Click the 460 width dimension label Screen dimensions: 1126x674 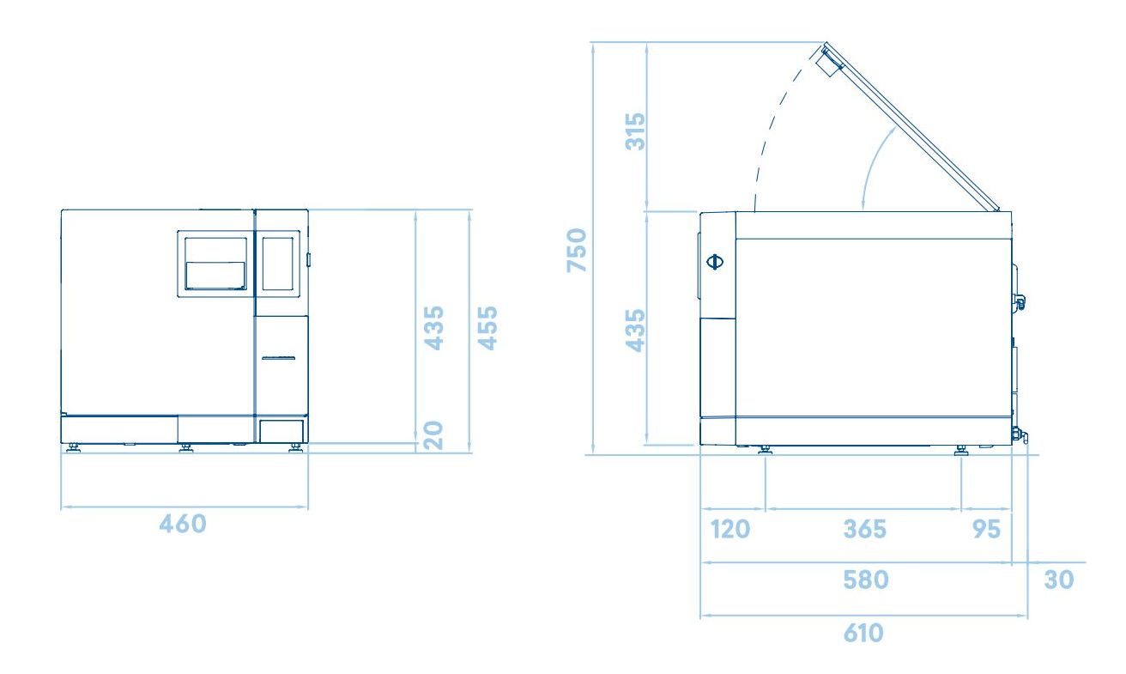183,524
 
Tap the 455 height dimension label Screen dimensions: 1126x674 487,328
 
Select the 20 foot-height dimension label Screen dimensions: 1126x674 433,435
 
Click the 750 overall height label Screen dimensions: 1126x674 577,250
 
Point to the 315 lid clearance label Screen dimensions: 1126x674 635,131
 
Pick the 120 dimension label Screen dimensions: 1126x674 729,529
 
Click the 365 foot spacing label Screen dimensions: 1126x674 864,529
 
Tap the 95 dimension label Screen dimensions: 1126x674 987,529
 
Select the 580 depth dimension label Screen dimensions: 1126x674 866,580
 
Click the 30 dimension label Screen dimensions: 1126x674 1059,580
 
